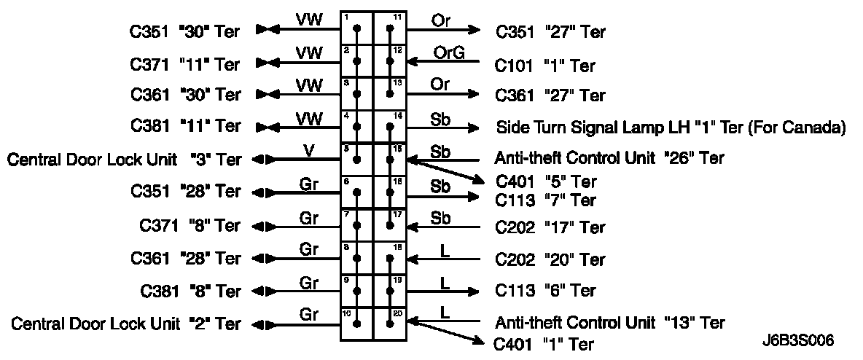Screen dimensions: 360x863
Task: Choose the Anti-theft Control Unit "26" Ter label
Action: (609, 157)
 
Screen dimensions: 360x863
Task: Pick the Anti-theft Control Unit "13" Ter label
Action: (609, 321)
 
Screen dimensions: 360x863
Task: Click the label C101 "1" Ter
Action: (545, 66)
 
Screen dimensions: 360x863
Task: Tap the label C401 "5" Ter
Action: (546, 181)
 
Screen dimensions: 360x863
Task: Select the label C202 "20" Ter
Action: (550, 259)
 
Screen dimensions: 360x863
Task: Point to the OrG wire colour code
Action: (449, 52)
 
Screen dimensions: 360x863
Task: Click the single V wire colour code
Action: (310, 150)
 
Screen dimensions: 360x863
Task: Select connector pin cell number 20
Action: (390, 324)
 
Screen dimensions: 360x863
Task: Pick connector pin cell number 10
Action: (357, 324)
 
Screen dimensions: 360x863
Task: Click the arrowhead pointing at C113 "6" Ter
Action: (474, 291)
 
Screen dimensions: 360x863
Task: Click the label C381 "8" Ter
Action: (191, 291)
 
